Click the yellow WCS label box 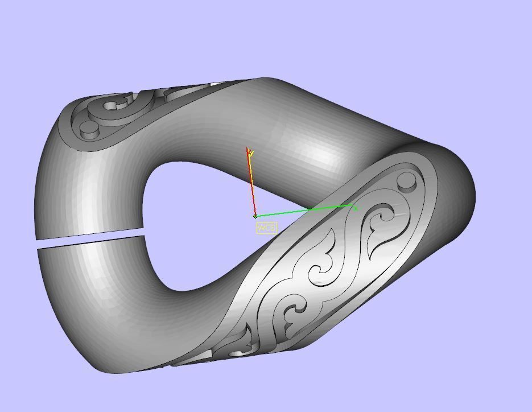click(266, 228)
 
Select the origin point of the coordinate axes click(255, 216)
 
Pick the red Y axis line click(251, 182)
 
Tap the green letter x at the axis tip click(356, 209)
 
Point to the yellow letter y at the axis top click(250, 153)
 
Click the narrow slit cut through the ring click(88, 236)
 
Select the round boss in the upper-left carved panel click(89, 130)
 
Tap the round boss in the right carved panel click(406, 183)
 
